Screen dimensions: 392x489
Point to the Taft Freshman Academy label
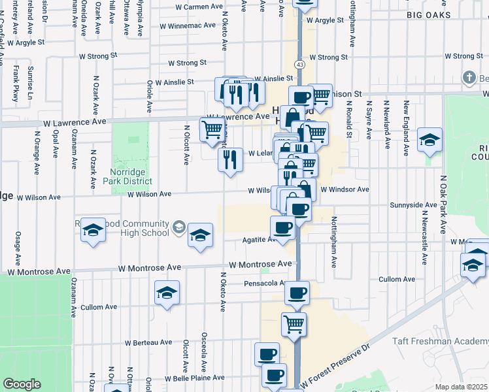coord(440,342)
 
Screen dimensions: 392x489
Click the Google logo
coord(22,384)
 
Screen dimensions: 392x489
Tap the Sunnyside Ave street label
coord(412,205)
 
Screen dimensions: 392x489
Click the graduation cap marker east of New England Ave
coord(430,140)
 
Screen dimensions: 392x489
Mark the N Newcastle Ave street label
coord(425,238)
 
